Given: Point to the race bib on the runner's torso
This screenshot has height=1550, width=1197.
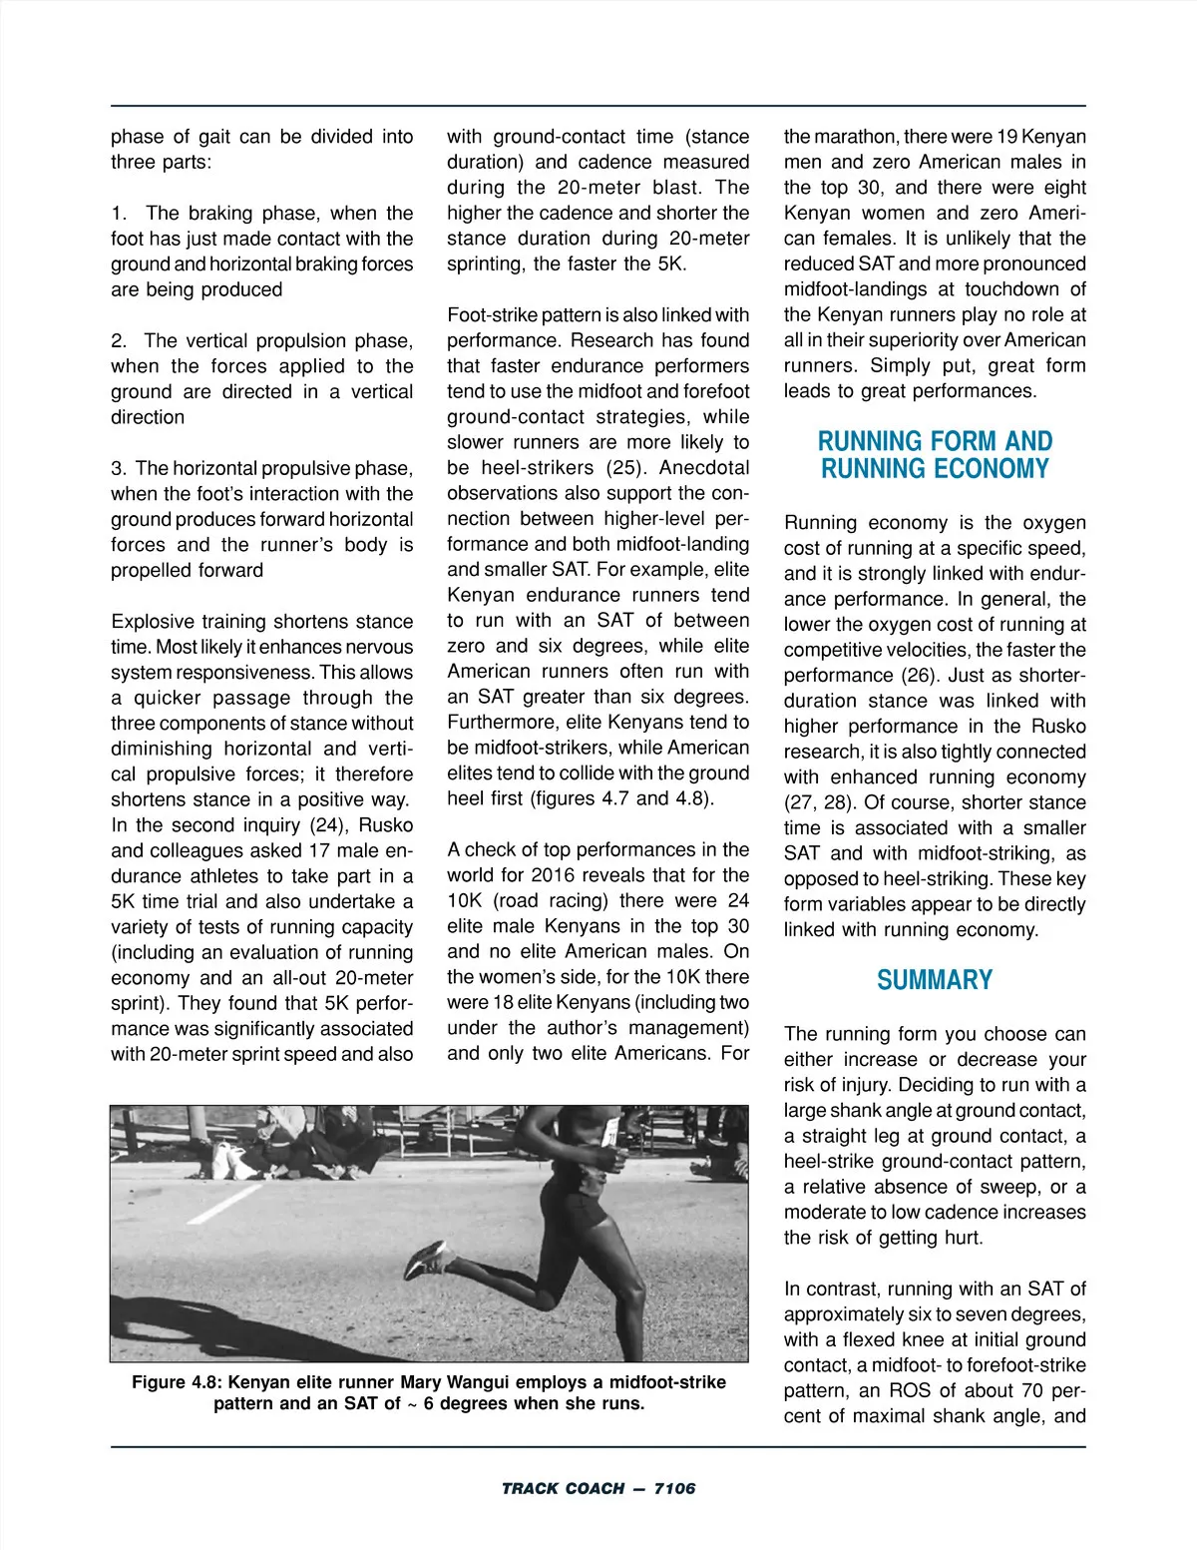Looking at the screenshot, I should (609, 1132).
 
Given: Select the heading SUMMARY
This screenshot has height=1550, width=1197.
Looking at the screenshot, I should (935, 981).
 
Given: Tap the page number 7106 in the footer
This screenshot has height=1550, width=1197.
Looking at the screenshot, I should (674, 1488).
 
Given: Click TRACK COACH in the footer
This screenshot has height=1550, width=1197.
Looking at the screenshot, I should (563, 1488).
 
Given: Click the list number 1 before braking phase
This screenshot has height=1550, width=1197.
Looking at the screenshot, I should (119, 213).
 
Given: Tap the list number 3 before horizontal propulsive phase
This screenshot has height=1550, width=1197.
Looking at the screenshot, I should (119, 468).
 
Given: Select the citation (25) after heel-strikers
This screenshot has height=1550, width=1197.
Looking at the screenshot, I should (628, 468).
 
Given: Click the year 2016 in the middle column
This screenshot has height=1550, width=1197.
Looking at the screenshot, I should (554, 875).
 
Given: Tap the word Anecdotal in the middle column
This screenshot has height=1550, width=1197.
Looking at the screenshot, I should (704, 468).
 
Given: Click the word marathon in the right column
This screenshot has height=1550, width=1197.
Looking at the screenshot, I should (849, 137).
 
